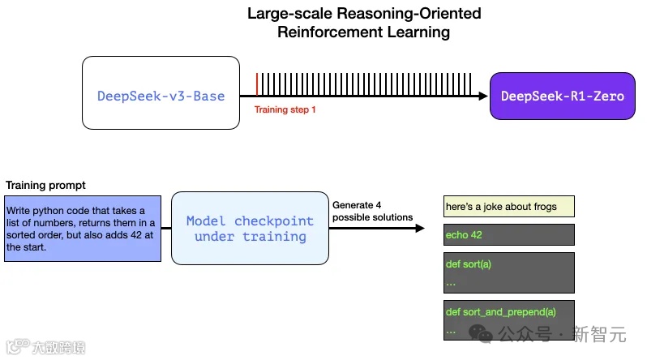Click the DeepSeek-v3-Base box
pos(161,93)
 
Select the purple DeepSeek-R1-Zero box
pos(562,96)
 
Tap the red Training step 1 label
pos(285,109)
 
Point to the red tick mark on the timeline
pos(256,84)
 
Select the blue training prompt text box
pos(82,228)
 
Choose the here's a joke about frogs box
pos(509,207)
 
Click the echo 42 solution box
pos(509,235)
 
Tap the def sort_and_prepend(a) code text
pos(500,312)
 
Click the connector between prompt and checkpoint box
pos(165,229)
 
